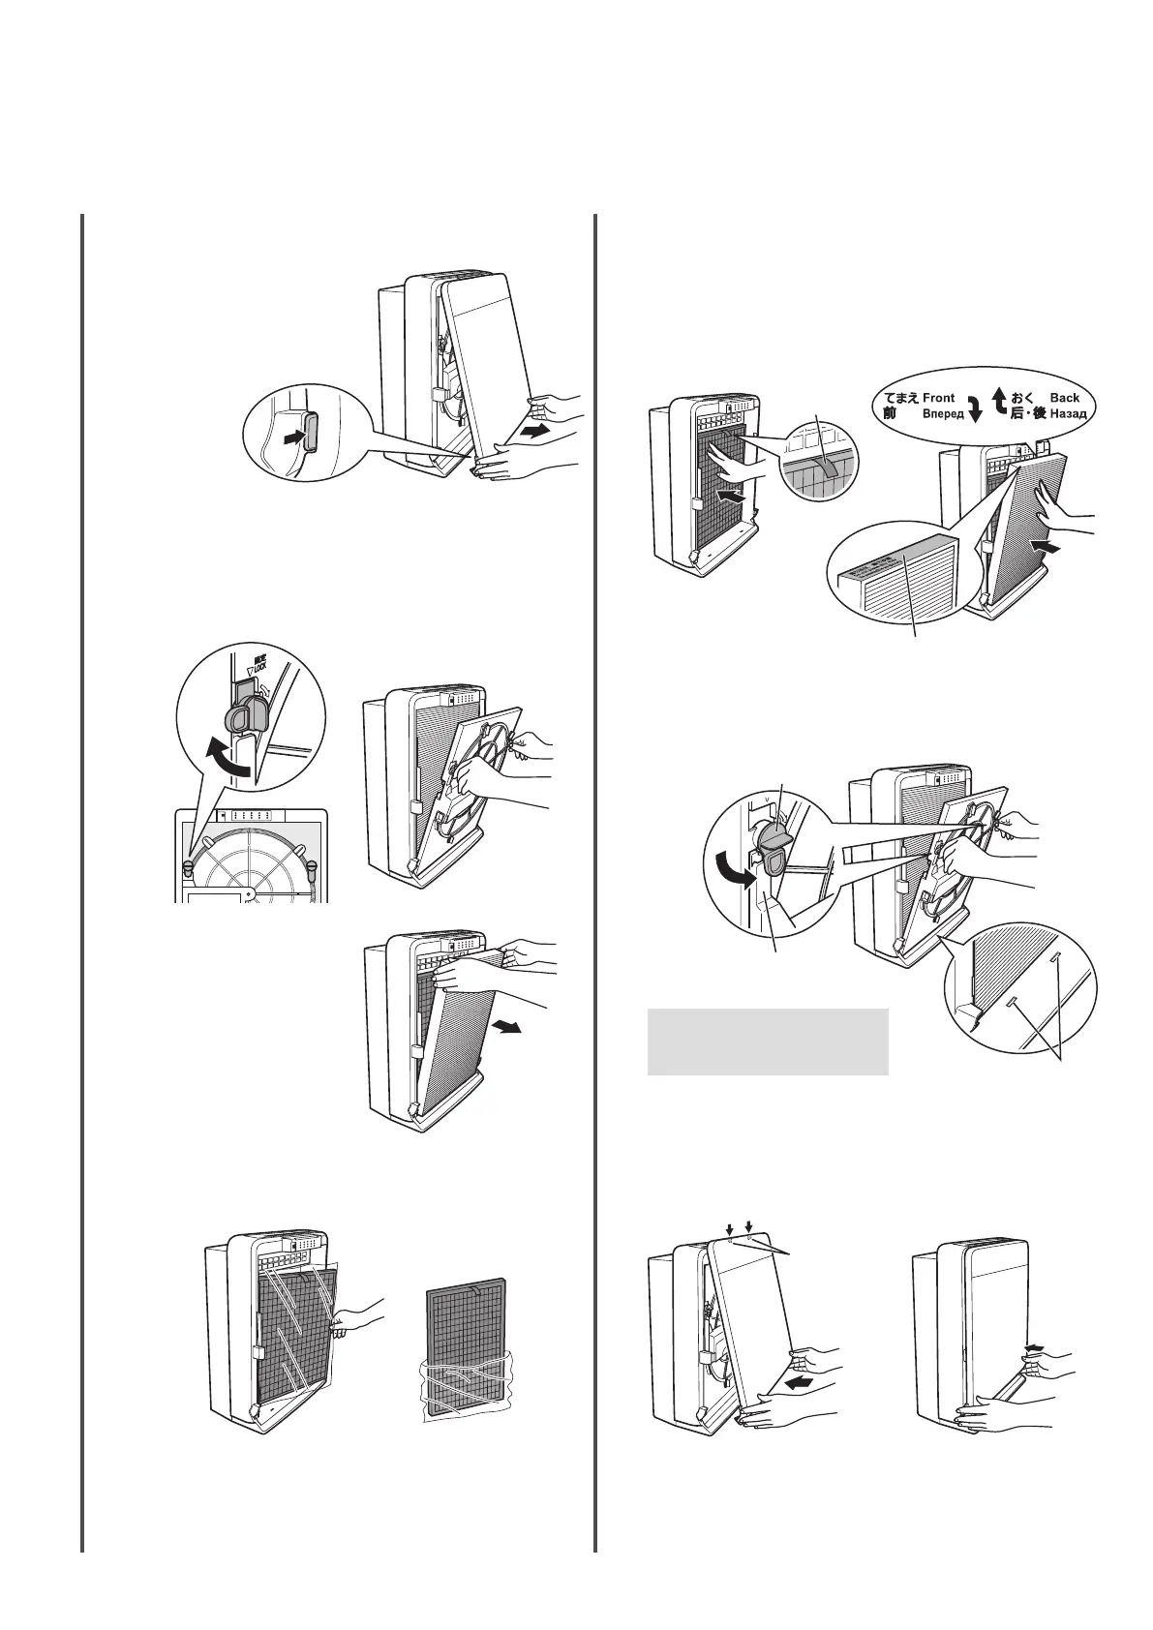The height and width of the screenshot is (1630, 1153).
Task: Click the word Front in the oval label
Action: (938, 398)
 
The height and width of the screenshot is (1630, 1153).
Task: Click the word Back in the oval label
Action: (1065, 398)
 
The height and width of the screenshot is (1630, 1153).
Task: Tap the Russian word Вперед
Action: (943, 414)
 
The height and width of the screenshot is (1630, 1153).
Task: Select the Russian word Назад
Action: (1069, 414)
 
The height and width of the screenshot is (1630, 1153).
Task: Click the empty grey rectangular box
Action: (767, 1041)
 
